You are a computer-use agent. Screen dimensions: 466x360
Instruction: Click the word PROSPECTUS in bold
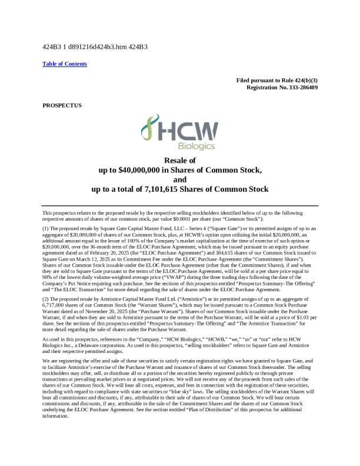point(62,105)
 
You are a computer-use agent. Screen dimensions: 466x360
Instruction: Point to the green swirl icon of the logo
point(152,130)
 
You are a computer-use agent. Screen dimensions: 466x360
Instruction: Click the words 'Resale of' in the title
point(180,160)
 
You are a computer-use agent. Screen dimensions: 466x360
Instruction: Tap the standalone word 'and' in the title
point(180,179)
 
